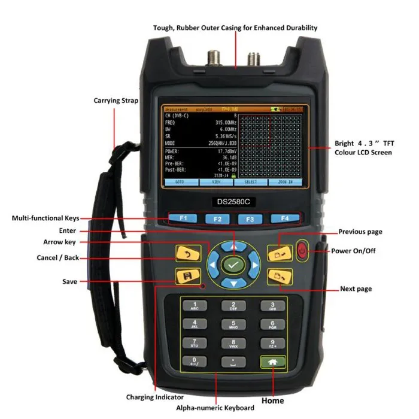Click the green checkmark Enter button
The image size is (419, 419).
point(233,264)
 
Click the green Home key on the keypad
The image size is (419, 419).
point(272,362)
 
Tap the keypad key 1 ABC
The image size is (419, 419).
point(195,306)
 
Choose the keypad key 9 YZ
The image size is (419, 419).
point(272,344)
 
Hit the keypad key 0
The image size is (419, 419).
point(195,362)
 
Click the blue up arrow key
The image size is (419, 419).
point(233,245)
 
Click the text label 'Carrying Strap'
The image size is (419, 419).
point(116,101)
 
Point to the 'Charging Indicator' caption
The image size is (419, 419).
point(156,397)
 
